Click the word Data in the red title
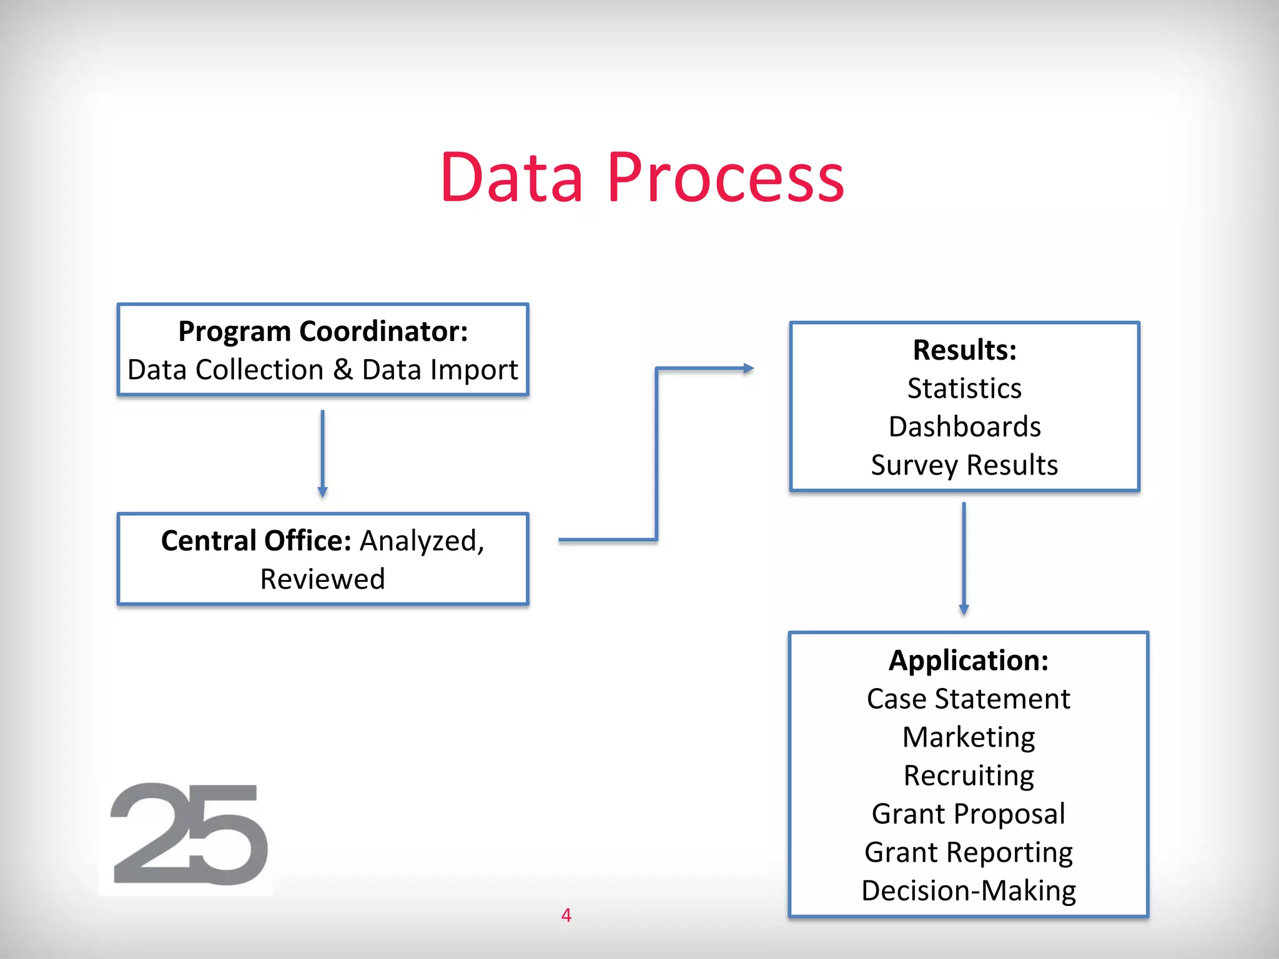tap(512, 179)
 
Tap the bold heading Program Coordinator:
tap(323, 331)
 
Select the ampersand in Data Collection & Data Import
tap(343, 370)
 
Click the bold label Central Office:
tap(256, 541)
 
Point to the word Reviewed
tap(322, 579)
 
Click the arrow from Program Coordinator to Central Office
tap(322, 453)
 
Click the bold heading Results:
tap(964, 350)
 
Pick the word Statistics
tap(964, 388)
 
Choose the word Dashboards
tap(964, 427)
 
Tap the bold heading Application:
tap(968, 661)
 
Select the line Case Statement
tap(968, 699)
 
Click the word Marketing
tap(968, 737)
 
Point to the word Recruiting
tap(968, 776)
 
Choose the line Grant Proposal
tap(968, 814)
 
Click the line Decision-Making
tap(968, 891)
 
